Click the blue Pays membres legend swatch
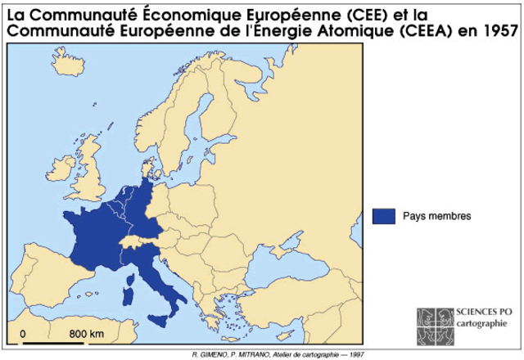(x=383, y=216)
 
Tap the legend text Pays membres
(x=436, y=216)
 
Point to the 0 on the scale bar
(x=23, y=334)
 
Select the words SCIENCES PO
(x=477, y=314)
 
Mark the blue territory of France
(x=90, y=237)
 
